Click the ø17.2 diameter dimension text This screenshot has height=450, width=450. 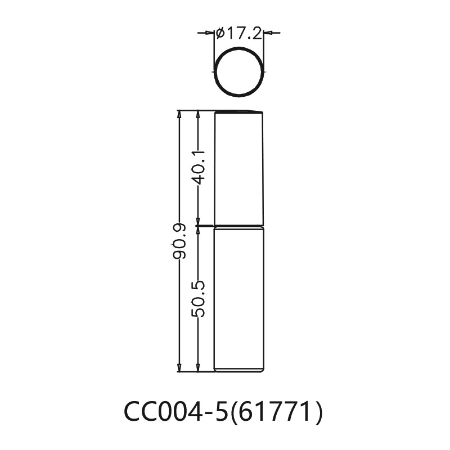239,34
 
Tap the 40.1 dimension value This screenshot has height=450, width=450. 197,167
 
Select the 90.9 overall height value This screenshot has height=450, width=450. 179,240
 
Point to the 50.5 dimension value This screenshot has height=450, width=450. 197,299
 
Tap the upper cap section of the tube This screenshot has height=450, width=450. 239,169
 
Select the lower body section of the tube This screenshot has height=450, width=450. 239,298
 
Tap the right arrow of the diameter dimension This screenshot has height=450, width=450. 268,34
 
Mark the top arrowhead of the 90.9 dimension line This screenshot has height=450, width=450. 179,114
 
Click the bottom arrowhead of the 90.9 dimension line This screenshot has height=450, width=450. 179,368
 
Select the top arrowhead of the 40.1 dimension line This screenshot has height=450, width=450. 197,114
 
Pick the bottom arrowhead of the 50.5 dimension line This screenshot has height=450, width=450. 197,368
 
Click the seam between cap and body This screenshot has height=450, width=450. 239,226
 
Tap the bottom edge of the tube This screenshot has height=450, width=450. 239,371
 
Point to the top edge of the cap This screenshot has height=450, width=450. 239,111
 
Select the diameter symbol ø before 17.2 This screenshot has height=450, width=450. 220,34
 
